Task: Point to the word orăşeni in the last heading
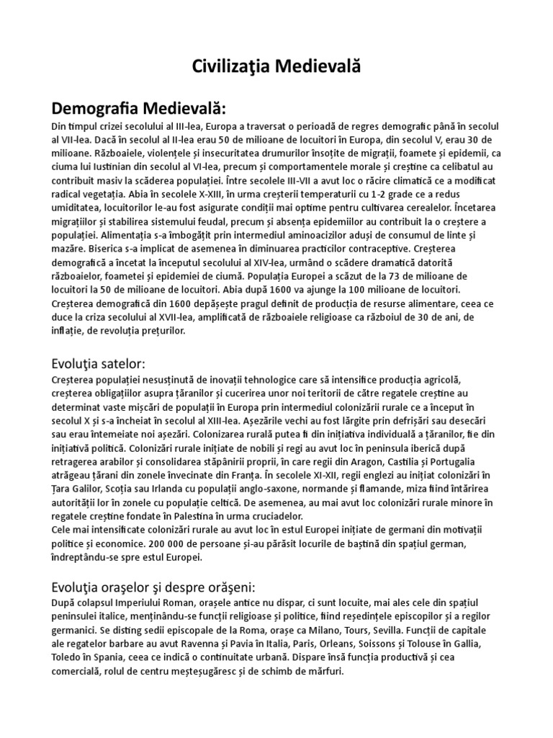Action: tap(220, 586)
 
